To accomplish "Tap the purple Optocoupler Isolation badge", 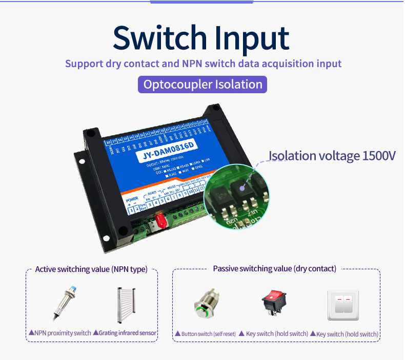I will (202, 84).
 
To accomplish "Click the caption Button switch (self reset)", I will (205, 334).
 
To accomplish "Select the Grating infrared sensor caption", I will (126, 333).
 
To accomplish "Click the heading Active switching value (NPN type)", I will (91, 269).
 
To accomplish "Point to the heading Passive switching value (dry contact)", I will (274, 268).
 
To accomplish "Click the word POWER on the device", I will (132, 198).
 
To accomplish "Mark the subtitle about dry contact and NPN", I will (203, 64).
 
